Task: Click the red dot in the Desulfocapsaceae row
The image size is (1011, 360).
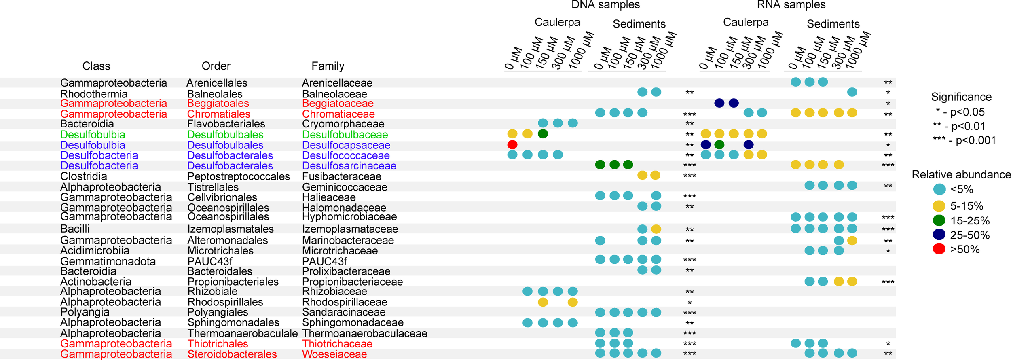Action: (x=512, y=144)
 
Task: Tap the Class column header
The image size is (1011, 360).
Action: (x=96, y=66)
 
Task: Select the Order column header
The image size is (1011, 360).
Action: (x=216, y=66)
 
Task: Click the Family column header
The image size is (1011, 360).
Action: (x=328, y=66)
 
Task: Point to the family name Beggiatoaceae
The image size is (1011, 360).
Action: (x=338, y=104)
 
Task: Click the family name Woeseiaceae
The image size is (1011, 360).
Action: (x=334, y=354)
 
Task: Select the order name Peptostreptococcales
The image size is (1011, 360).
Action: (x=239, y=177)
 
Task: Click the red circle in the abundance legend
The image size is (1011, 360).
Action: (x=939, y=249)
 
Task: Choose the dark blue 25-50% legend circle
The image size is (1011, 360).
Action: (x=939, y=235)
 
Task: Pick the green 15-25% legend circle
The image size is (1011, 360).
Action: (x=939, y=220)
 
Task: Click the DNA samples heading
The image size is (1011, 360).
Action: (x=605, y=5)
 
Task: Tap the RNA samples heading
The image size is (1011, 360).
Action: (x=791, y=5)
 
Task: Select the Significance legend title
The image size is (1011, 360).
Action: (x=961, y=97)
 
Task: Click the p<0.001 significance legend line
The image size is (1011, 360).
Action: (x=964, y=140)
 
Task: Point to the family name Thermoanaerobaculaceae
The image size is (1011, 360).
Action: (x=365, y=334)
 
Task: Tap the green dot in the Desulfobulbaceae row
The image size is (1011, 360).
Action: (x=543, y=134)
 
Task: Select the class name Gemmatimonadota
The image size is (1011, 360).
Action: (x=108, y=262)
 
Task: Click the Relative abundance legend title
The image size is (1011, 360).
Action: (x=961, y=175)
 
